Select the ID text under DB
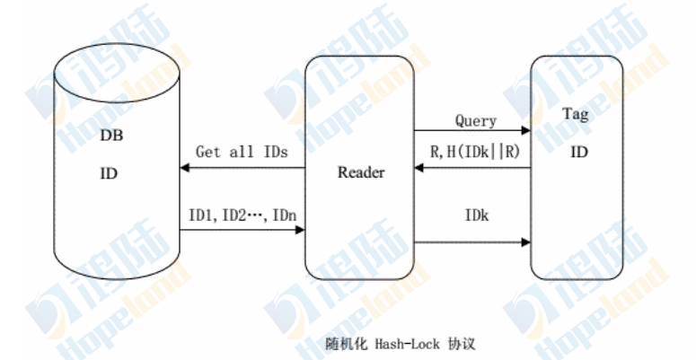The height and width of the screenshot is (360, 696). coord(109,171)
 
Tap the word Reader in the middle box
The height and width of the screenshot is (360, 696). coord(360,171)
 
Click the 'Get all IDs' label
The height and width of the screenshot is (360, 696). coord(242,152)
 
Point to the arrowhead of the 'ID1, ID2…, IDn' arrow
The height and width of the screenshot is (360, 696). coord(299,230)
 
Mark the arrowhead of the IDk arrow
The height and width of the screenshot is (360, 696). coord(525,241)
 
